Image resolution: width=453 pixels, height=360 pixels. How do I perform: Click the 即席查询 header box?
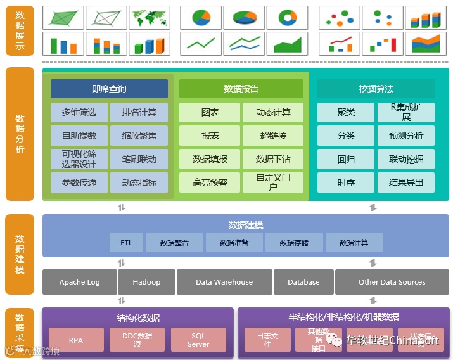[109, 89]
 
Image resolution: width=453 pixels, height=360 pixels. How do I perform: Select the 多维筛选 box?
[79, 112]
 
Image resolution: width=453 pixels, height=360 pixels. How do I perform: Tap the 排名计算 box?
[139, 112]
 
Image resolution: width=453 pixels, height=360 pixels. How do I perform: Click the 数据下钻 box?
[273, 159]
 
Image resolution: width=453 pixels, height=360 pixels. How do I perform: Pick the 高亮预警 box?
[210, 183]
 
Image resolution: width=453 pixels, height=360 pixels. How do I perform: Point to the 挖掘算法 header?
[376, 89]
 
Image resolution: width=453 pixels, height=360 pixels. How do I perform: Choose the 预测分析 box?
[406, 136]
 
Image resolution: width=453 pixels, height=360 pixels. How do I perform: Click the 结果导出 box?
[406, 183]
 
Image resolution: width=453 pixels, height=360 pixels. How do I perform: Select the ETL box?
[126, 243]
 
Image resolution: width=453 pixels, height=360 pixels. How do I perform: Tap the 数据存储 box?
[295, 243]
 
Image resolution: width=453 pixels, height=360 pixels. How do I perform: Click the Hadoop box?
[147, 282]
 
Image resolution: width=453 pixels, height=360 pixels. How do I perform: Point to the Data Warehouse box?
[224, 282]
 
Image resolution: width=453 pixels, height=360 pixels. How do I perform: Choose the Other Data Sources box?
[392, 282]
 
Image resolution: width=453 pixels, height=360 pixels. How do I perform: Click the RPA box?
[76, 340]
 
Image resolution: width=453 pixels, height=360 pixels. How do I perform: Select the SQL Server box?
[198, 340]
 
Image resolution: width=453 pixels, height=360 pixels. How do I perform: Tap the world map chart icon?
[150, 18]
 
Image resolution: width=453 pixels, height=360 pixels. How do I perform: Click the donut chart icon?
[287, 18]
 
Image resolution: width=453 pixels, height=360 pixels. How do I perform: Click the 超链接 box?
[273, 136]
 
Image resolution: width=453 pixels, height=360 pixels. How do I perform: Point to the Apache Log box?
[80, 282]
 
